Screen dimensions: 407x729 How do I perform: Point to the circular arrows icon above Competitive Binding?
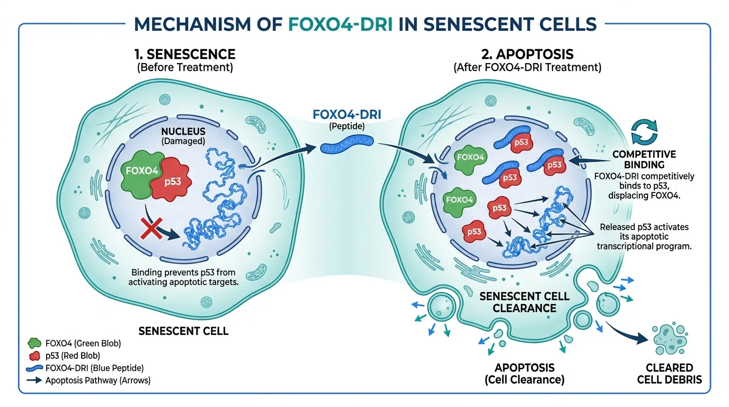[x=644, y=131]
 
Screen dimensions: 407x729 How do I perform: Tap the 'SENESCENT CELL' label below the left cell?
[x=183, y=331]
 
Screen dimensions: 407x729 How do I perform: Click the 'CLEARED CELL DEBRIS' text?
[x=669, y=374]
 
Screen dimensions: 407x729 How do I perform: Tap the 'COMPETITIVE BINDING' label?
[x=644, y=160]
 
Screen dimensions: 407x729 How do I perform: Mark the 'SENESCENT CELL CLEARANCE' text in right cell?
[x=524, y=302]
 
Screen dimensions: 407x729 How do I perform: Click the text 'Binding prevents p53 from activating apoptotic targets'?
[x=183, y=277]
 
